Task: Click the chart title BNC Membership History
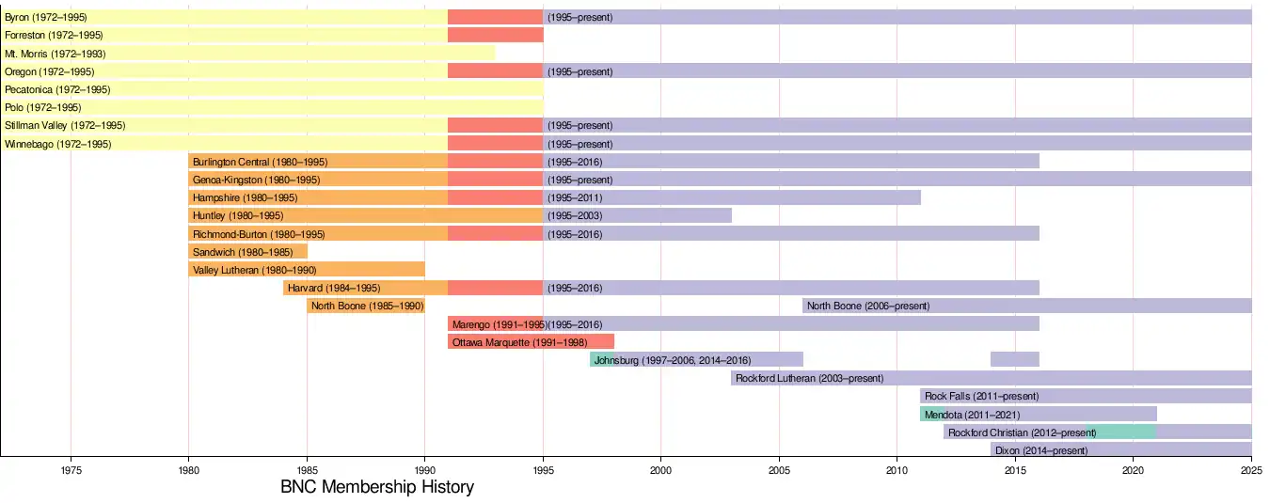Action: click(x=377, y=488)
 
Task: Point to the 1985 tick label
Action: click(x=307, y=468)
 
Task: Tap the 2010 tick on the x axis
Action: click(x=897, y=468)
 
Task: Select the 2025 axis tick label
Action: click(x=1250, y=468)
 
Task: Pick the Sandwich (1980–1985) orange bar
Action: click(x=247, y=252)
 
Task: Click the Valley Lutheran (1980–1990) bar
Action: click(x=307, y=270)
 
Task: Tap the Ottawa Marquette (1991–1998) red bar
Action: click(x=531, y=342)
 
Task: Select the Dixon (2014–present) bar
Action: click(x=1120, y=450)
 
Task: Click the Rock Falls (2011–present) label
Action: click(x=981, y=397)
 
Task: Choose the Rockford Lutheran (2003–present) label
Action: click(x=809, y=379)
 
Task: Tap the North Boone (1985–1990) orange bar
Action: click(x=366, y=307)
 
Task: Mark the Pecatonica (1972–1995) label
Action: click(x=57, y=89)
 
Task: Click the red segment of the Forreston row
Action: click(x=495, y=36)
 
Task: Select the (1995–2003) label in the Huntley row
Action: click(x=575, y=216)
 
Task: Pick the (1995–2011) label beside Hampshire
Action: click(x=575, y=198)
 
